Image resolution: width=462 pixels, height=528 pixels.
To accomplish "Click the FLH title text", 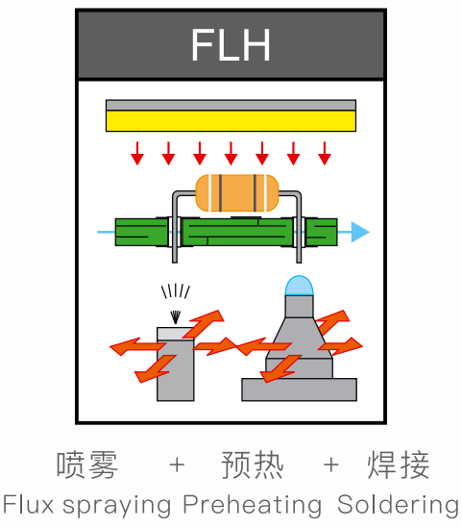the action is (x=231, y=44).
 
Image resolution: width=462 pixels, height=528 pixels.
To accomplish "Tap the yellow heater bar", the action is (x=231, y=121).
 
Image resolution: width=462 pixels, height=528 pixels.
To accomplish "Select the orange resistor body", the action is (x=237, y=193).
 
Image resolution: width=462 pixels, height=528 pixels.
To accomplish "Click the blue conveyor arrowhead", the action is (x=360, y=232).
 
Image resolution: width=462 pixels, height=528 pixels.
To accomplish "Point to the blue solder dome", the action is (x=299, y=286).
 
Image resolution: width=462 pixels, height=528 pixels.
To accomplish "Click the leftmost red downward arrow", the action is (x=137, y=154).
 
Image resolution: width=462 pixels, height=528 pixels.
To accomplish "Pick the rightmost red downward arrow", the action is (x=325, y=154).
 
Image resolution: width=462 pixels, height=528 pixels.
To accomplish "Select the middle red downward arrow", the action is (x=231, y=154).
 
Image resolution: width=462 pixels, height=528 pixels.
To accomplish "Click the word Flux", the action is (x=28, y=504).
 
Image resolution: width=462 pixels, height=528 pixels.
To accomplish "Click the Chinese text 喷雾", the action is (x=87, y=465).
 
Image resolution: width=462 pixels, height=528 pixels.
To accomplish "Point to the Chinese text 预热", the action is (x=253, y=465).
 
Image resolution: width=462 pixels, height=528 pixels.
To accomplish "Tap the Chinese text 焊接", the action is (x=399, y=465).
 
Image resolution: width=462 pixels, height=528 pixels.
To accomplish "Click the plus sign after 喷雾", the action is (x=177, y=465).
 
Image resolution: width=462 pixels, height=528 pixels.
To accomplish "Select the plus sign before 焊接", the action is (x=330, y=465).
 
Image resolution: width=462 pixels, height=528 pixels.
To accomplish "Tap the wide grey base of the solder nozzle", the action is (x=299, y=390).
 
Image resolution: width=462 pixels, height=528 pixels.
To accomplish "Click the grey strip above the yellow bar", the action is (x=231, y=105).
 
